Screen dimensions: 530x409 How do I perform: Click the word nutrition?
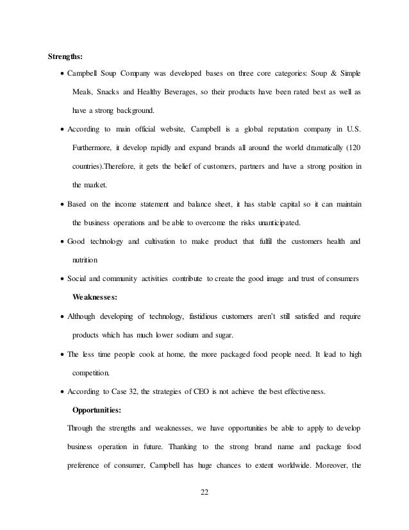click(x=85, y=261)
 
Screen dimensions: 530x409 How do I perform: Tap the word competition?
click(x=92, y=372)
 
